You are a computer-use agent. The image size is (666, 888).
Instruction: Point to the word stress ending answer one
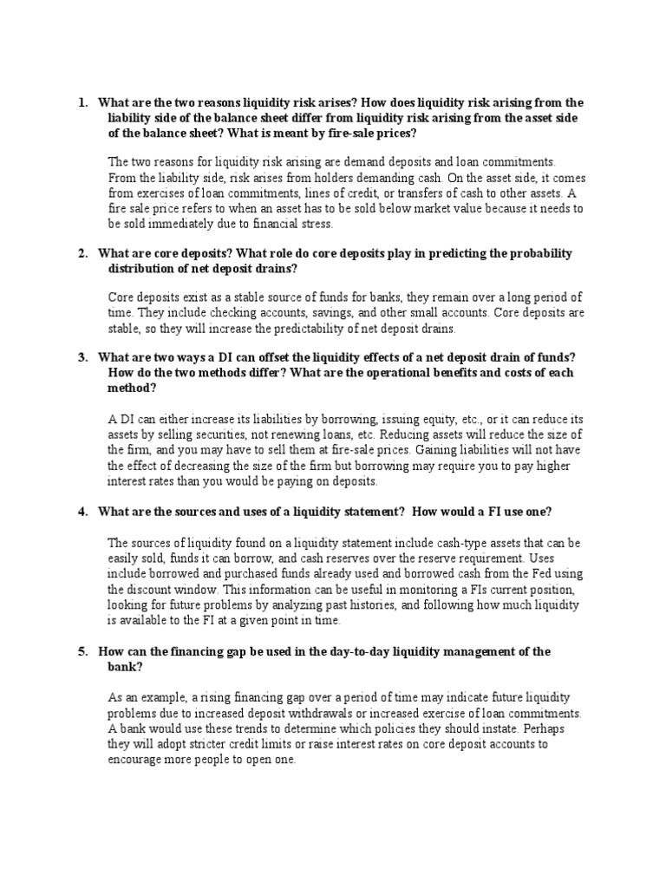pyautogui.click(x=313, y=223)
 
